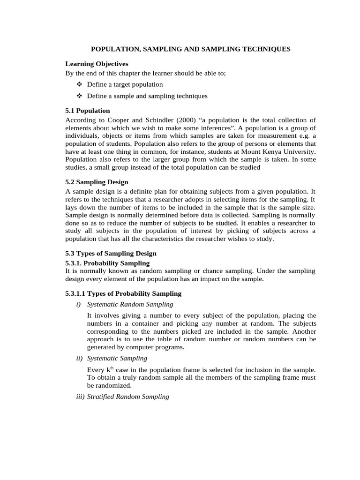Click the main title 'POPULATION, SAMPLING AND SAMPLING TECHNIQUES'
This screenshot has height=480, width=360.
tap(190, 49)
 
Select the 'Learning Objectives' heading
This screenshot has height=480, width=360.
tap(97, 64)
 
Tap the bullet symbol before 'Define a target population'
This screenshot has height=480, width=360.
tap(78, 84)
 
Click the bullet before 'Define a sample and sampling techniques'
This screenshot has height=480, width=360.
tap(78, 96)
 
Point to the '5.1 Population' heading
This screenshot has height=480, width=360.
tap(88, 111)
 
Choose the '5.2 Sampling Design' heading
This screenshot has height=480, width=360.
tap(97, 182)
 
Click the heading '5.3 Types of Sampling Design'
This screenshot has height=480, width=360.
tap(111, 254)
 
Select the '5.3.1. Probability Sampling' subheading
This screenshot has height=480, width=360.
tap(107, 263)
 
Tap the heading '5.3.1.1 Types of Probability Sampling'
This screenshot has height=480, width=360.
tap(123, 294)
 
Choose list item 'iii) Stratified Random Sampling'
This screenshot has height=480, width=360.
tap(117, 397)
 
